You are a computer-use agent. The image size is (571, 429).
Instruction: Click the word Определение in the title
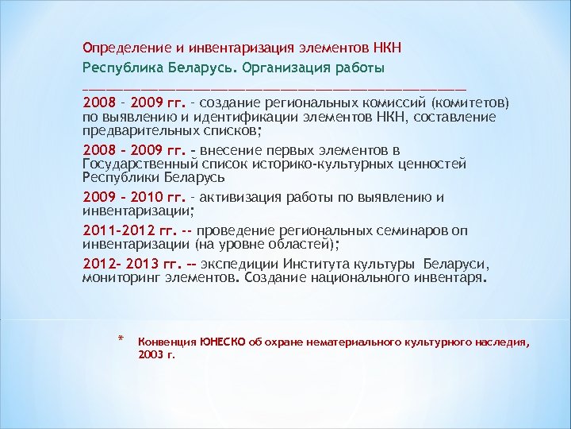120,47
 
